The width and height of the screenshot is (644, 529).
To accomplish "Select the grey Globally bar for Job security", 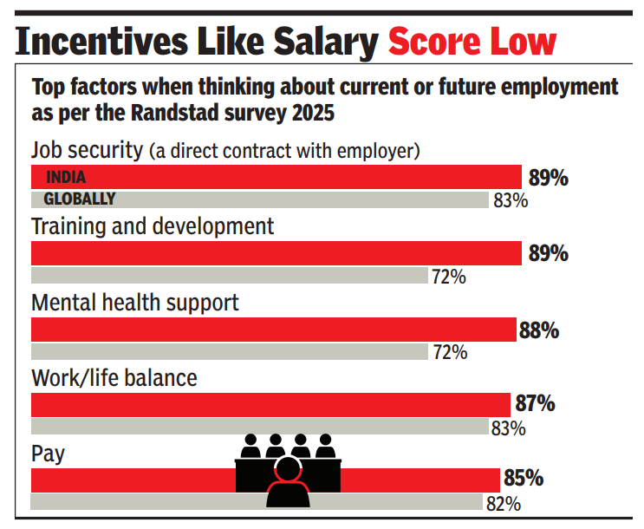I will pyautogui.click(x=259, y=199).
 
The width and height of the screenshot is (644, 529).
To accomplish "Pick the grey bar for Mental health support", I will pyautogui.click(x=230, y=352).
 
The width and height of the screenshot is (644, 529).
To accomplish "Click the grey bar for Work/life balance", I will pyautogui.click(x=259, y=427).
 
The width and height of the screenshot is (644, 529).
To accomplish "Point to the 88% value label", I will pyautogui.click(x=539, y=330).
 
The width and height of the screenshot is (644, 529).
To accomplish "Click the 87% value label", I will pyautogui.click(x=533, y=405).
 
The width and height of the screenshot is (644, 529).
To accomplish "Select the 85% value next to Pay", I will pyautogui.click(x=523, y=479).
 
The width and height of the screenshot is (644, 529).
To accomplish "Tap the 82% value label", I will pyautogui.click(x=503, y=503).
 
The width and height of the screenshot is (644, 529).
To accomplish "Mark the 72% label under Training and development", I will pyautogui.click(x=449, y=277).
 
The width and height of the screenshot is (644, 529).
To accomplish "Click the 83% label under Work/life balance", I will pyautogui.click(x=509, y=428).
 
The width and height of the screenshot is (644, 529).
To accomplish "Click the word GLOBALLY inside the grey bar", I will pyautogui.click(x=80, y=199).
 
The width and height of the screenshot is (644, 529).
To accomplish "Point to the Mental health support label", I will pyautogui.click(x=135, y=304).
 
